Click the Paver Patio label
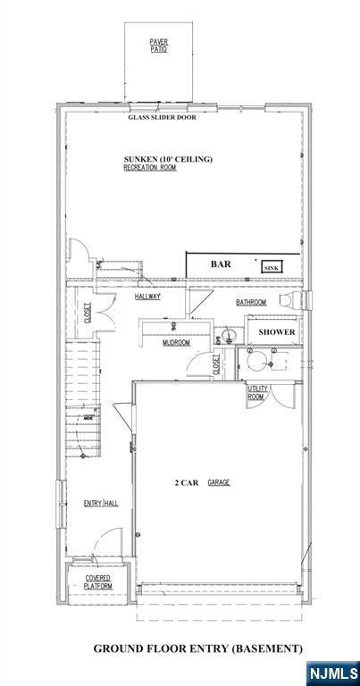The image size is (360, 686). [159, 45]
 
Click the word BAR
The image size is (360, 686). [221, 265]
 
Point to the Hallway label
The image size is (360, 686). [147, 297]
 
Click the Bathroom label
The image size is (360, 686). [252, 303]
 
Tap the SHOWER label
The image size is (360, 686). [276, 332]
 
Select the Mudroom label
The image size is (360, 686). [176, 343]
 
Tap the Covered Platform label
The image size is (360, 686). [97, 582]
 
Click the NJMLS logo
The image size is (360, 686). [331, 671]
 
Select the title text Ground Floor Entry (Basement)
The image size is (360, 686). [198, 648]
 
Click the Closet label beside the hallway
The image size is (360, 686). [88, 312]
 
